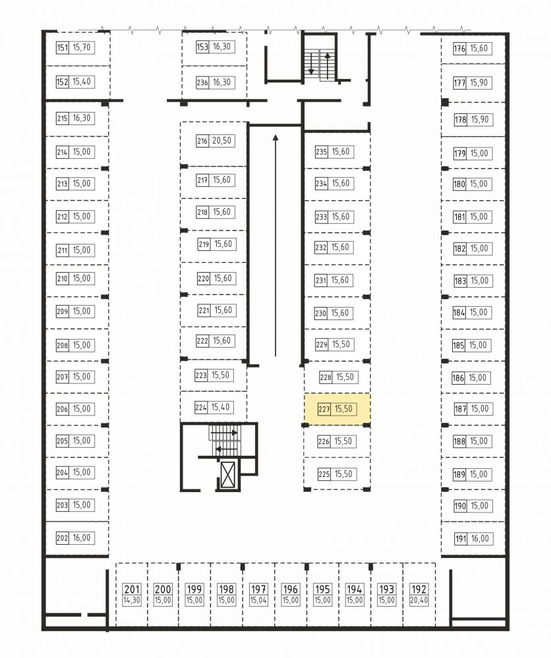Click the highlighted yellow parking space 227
point(337,409)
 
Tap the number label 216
point(202,141)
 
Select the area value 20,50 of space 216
point(221,140)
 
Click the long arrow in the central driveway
point(275,246)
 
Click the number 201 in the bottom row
point(132,589)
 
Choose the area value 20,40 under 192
point(419,601)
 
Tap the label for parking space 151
point(62,47)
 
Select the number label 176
point(459,49)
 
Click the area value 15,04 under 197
point(258,601)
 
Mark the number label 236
point(202,83)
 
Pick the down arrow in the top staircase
point(311,63)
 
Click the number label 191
point(461,539)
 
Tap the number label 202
point(62,538)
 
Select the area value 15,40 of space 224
point(221,407)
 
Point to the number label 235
point(321,152)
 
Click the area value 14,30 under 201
point(132,601)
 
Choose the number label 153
point(202,47)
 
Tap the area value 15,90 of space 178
point(480,120)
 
